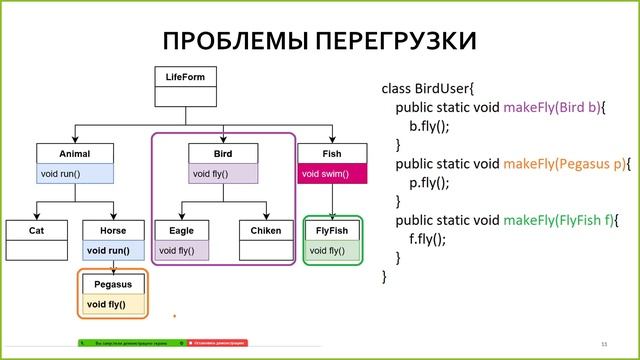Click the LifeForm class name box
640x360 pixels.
185,77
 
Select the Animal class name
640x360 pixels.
76,154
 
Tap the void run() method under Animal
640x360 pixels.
76,173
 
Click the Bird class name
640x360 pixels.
223,154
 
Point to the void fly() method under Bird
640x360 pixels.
223,173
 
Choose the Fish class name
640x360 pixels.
332,154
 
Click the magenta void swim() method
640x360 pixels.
332,173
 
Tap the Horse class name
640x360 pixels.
112,231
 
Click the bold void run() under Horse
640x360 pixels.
112,250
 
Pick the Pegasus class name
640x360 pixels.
112,285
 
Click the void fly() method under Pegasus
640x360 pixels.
112,304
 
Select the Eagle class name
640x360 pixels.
181,231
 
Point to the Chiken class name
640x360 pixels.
266,231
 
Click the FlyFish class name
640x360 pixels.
332,231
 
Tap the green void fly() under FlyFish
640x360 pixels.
332,250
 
